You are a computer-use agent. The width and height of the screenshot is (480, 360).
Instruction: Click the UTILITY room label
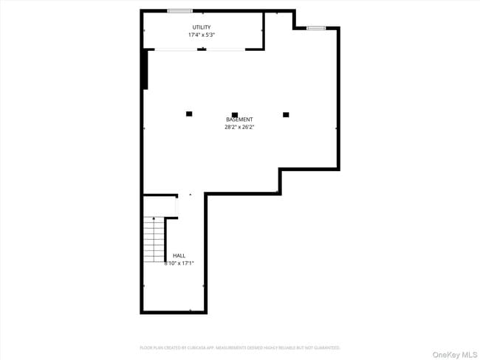tap(202, 27)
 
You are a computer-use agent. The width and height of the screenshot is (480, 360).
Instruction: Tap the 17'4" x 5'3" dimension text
tap(202, 35)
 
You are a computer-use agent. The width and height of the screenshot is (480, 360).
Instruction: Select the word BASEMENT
tap(239, 120)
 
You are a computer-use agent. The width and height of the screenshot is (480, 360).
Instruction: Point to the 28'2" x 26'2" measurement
tap(239, 127)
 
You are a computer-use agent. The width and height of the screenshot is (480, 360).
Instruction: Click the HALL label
tap(179, 255)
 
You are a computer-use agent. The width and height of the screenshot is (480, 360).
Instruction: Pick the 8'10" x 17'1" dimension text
tap(179, 263)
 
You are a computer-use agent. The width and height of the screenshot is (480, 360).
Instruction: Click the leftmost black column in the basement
tap(189, 114)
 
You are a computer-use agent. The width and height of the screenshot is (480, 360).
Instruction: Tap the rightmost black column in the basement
tap(286, 114)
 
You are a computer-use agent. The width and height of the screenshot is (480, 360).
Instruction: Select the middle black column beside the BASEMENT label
tap(235, 114)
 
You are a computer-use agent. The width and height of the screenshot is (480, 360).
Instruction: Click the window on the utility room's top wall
tap(179, 10)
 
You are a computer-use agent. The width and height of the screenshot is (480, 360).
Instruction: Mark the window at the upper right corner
tap(316, 28)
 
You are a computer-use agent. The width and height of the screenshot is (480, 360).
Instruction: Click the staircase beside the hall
tap(154, 239)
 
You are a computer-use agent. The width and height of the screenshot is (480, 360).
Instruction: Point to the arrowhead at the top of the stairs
tap(154, 218)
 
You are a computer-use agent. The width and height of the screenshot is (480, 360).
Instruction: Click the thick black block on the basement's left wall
tap(145, 69)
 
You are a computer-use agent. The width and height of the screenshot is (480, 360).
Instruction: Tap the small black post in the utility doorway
tap(202, 49)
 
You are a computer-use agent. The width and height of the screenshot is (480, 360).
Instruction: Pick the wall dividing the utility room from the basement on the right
tap(264, 31)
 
